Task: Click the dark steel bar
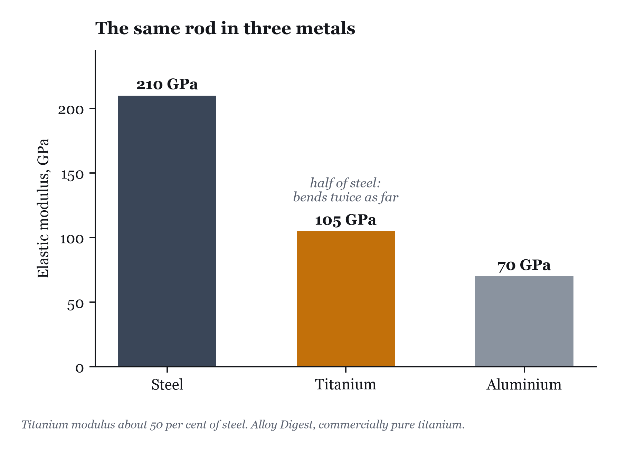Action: tap(167, 231)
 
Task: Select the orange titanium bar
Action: tap(345, 299)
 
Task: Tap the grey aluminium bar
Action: tap(524, 321)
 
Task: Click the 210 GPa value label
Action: tap(167, 85)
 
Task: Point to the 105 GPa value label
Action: tap(345, 220)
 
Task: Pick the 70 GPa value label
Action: tap(524, 266)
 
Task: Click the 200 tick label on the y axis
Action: tap(71, 110)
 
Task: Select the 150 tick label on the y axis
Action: tap(72, 175)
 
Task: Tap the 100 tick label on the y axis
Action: tap(72, 239)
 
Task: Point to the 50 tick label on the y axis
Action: tap(76, 304)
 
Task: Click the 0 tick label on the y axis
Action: tap(80, 368)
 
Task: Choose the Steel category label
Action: tap(167, 385)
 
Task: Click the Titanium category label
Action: tap(345, 384)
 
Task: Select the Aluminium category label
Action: tap(524, 385)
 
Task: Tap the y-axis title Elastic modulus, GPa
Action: tap(43, 208)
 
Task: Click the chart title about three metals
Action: tap(225, 28)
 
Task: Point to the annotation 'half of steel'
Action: tap(345, 183)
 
